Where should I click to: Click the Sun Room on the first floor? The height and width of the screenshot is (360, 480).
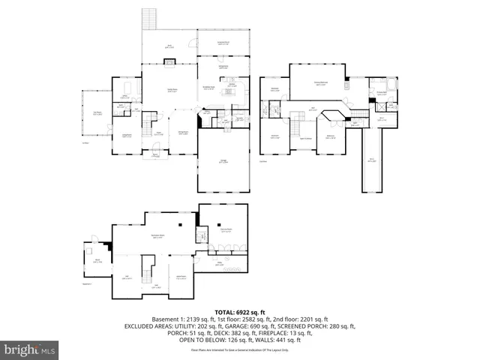tap(97, 114)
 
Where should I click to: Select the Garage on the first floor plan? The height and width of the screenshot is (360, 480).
tap(223, 161)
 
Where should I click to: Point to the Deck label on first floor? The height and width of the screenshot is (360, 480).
tap(169, 46)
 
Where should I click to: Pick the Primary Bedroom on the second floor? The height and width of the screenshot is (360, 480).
tap(320, 85)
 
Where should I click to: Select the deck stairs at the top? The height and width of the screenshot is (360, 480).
tap(150, 22)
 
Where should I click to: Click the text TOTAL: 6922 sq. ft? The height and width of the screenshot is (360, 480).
tap(239, 312)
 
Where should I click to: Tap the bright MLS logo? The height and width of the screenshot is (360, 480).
tap(30, 349)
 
